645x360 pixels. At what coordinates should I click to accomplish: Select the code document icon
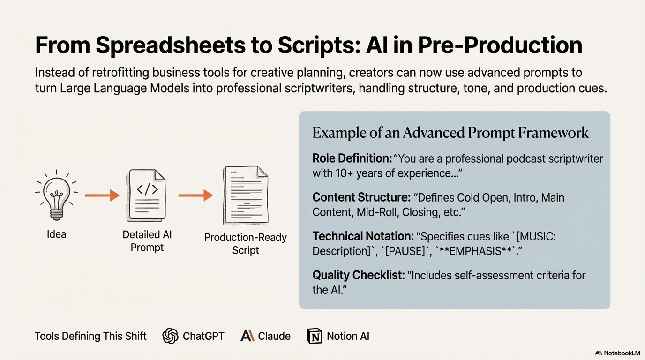coord(146,196)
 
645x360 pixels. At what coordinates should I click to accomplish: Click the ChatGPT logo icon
coord(171,336)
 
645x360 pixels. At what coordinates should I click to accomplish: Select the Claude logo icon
coord(247,336)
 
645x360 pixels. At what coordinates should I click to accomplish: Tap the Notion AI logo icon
coord(315,336)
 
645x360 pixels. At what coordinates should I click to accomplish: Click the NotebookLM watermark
coord(617,353)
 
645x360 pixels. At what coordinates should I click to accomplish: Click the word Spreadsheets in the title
coord(170,45)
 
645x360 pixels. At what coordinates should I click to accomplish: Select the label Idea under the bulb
coord(56,234)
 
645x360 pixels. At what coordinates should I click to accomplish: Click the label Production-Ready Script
coord(246,243)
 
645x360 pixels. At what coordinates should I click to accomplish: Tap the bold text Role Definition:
coord(352,158)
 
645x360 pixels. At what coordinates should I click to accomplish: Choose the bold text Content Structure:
coord(360,197)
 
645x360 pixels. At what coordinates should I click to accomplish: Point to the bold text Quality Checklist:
coord(359,275)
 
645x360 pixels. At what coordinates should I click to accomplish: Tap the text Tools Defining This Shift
coord(90,336)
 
